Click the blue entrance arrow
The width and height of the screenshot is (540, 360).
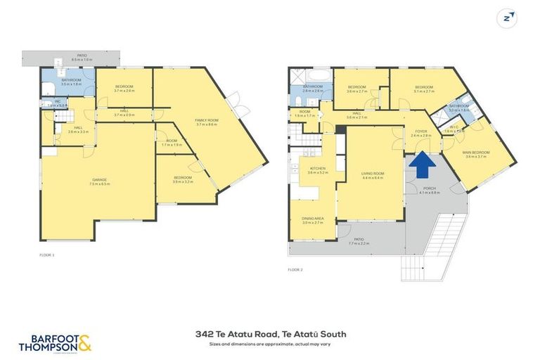[422, 166]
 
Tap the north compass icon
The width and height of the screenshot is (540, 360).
[507, 18]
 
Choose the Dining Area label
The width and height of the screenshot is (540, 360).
[313, 219]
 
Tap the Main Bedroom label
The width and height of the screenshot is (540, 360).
[477, 153]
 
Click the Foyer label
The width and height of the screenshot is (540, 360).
[421, 131]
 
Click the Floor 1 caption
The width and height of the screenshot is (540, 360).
[46, 255]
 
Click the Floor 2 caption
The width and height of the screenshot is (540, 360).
[295, 269]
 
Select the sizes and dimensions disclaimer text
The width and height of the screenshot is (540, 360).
[280, 345]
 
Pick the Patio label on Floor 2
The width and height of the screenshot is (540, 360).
[359, 240]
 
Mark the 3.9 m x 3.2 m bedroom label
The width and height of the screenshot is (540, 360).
[182, 179]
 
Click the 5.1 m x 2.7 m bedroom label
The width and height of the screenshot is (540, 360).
[423, 89]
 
